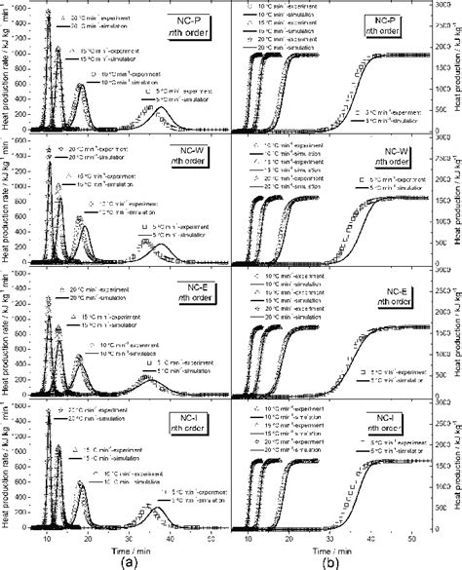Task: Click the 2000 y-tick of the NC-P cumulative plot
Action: point(441,12)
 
